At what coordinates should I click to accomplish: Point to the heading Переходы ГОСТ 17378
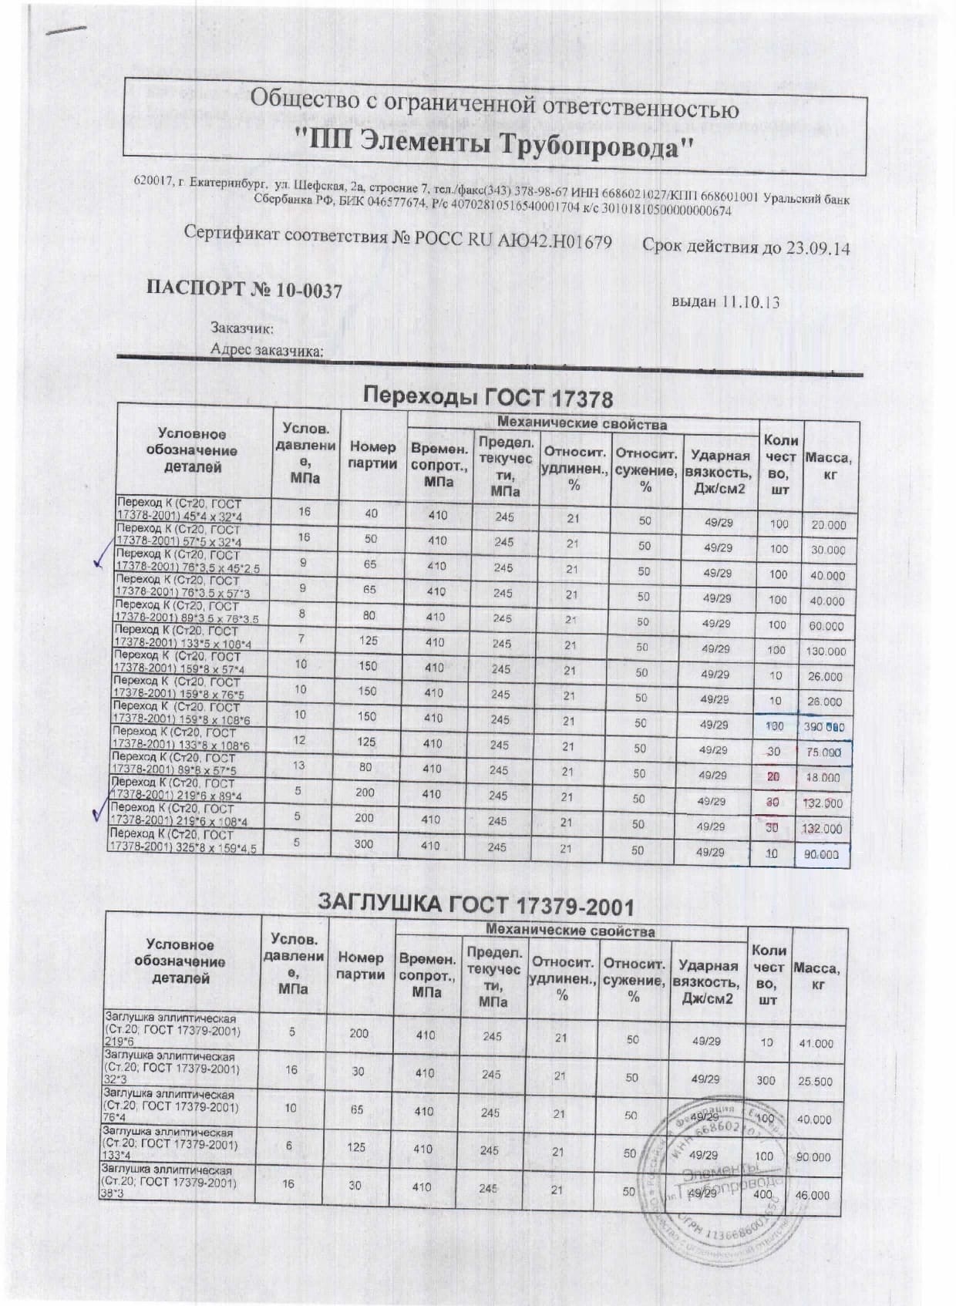[488, 399]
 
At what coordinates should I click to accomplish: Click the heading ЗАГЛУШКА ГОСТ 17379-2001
[476, 904]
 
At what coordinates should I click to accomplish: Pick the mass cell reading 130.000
[826, 651]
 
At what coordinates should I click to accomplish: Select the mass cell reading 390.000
[826, 727]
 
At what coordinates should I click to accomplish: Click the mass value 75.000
[824, 752]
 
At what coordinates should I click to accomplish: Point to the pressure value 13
[298, 766]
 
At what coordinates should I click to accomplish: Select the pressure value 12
[299, 740]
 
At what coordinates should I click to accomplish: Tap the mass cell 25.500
[815, 1082]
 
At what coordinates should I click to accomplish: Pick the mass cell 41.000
[816, 1044]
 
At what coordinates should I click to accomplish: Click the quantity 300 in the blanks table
[766, 1081]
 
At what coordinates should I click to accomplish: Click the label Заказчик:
[242, 328]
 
